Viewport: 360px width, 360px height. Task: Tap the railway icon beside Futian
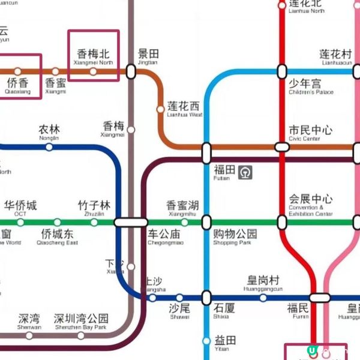point(245,172)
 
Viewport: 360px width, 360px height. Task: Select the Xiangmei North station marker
point(93,71)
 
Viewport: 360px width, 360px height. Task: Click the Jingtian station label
point(148,57)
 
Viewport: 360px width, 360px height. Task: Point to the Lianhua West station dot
point(160,109)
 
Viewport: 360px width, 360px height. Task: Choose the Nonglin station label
point(49,132)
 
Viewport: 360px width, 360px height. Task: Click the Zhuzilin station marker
point(94,223)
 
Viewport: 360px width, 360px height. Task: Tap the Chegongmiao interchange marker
point(130,222)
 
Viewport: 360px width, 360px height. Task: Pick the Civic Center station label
point(310,133)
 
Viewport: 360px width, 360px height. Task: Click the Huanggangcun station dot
point(263,298)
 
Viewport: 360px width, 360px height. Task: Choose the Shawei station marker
point(179,298)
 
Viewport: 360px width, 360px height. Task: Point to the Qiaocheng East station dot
point(57,223)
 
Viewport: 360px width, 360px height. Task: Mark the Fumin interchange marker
point(320,298)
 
